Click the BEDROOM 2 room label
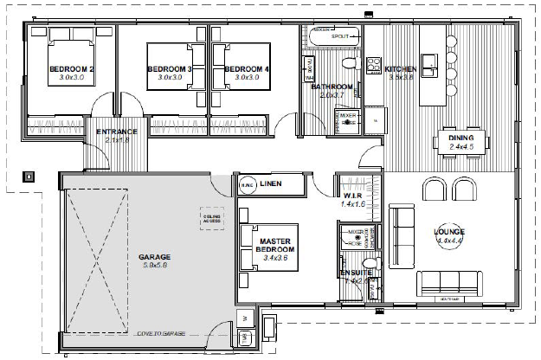pyautogui.click(x=71, y=69)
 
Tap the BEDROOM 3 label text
pyautogui.click(x=170, y=69)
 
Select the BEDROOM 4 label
pyautogui.click(x=247, y=69)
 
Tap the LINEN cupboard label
pyautogui.click(x=271, y=183)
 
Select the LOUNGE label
pyautogui.click(x=449, y=232)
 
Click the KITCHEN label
pyautogui.click(x=402, y=69)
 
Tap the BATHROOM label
pyautogui.click(x=332, y=87)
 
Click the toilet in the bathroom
pyautogui.click(x=349, y=62)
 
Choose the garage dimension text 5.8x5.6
pyautogui.click(x=155, y=267)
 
